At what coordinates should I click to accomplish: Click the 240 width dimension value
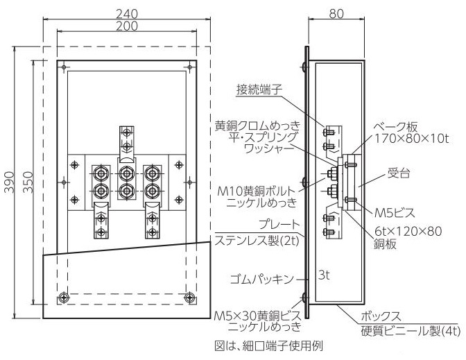pyautogui.click(x=127, y=14)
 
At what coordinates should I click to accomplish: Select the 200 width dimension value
pyautogui.click(x=127, y=26)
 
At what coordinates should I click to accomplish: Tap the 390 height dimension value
pyautogui.click(x=9, y=182)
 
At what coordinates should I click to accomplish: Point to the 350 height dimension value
pyautogui.click(x=28, y=182)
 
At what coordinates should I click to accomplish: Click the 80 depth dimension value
pyautogui.click(x=336, y=14)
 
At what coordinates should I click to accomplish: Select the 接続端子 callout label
pyautogui.click(x=259, y=89)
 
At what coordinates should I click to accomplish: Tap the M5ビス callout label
pyautogui.click(x=395, y=213)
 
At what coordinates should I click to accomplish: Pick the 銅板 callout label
pyautogui.click(x=385, y=244)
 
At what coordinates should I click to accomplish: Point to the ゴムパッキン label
pyautogui.click(x=262, y=280)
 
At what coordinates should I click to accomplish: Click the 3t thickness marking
pyautogui.click(x=324, y=275)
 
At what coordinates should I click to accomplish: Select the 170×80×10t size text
pyautogui.click(x=411, y=139)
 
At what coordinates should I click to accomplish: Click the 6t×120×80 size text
pyautogui.click(x=408, y=231)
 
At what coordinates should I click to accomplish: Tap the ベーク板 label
pyautogui.click(x=395, y=127)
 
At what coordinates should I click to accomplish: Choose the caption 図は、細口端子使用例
pyautogui.click(x=268, y=345)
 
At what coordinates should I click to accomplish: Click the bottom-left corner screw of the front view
pyautogui.click(x=63, y=297)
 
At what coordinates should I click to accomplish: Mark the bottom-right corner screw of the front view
pyautogui.click(x=189, y=297)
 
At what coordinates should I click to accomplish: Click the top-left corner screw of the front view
pyautogui.click(x=64, y=67)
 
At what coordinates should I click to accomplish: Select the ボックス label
pyautogui.click(x=381, y=316)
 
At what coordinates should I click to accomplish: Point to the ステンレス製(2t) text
pyautogui.click(x=257, y=241)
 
